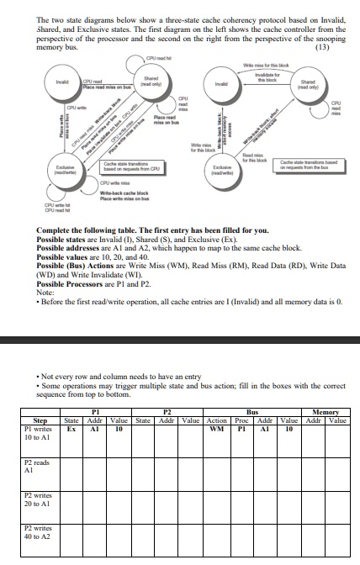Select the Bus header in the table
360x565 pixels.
point(251,412)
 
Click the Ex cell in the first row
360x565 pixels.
point(72,427)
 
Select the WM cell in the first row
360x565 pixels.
point(217,427)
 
